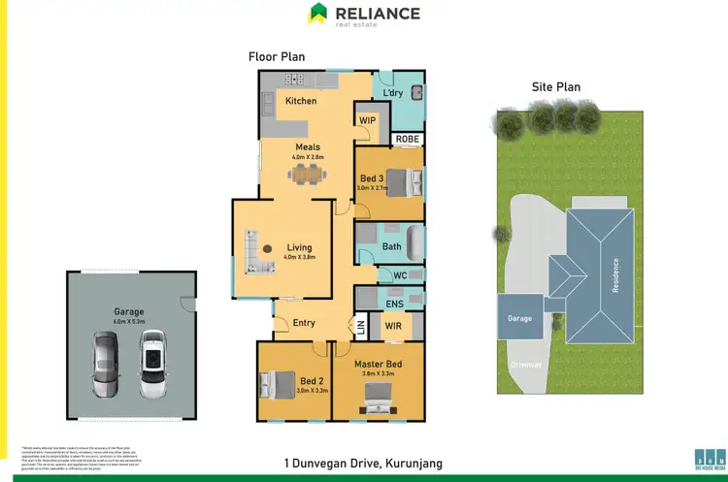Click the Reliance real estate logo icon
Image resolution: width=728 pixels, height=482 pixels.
318,14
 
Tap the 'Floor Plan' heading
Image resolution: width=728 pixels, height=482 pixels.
277,56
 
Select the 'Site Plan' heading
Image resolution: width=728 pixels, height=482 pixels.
555,86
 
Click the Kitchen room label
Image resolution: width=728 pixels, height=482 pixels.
301,101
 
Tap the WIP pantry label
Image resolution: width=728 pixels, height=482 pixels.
368,120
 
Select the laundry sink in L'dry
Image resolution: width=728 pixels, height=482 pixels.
415,94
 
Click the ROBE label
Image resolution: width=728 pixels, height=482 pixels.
408,140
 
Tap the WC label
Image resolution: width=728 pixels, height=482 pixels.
400,275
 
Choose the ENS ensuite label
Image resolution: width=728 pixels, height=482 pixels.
394,305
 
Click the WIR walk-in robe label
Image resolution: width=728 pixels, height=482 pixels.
393,327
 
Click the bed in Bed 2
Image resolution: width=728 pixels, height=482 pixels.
274,384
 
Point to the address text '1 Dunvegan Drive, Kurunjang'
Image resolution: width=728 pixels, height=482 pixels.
363,463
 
